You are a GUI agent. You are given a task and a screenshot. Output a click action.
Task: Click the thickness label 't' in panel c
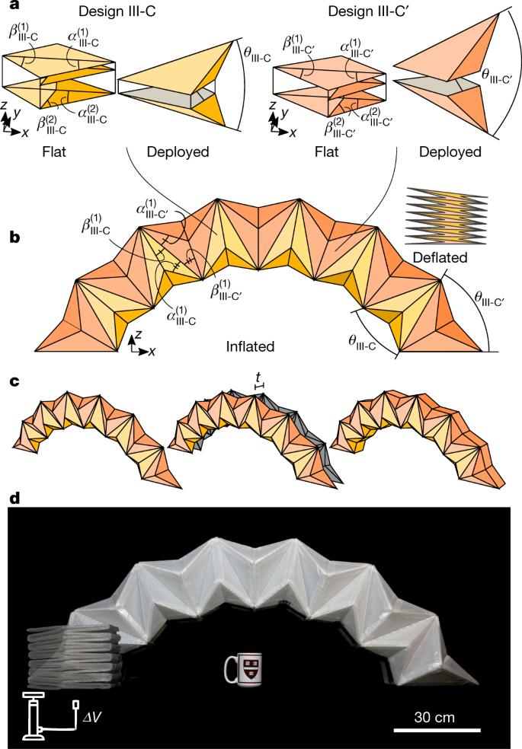click(258, 376)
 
